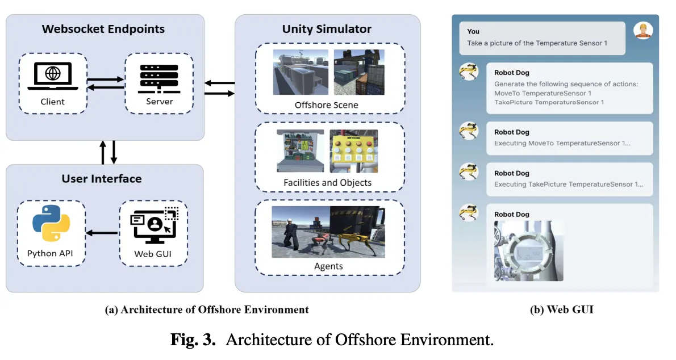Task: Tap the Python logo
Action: [x=51, y=224]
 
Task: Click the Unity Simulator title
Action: [x=327, y=29]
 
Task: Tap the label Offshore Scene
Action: [x=327, y=105]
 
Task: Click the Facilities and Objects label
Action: [x=327, y=183]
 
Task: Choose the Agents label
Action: [x=328, y=266]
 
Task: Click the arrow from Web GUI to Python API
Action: [x=102, y=232]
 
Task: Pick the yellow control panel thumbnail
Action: [x=353, y=150]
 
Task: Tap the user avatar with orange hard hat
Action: [x=643, y=31]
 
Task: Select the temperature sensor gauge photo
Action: [x=528, y=251]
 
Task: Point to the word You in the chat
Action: [x=473, y=32]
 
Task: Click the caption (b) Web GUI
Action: [x=561, y=309]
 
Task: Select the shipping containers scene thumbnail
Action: [x=358, y=72]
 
